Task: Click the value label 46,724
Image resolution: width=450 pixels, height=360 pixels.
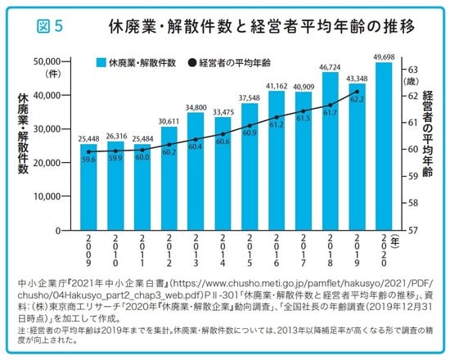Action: pyautogui.click(x=330, y=65)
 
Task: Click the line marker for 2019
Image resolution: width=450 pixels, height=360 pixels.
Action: pyautogui.click(x=356, y=92)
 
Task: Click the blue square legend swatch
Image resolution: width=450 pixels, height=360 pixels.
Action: pyautogui.click(x=99, y=62)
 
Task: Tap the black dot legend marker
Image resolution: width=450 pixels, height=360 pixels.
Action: pyautogui.click(x=191, y=62)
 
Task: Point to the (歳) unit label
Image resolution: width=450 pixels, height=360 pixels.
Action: pyautogui.click(x=414, y=82)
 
